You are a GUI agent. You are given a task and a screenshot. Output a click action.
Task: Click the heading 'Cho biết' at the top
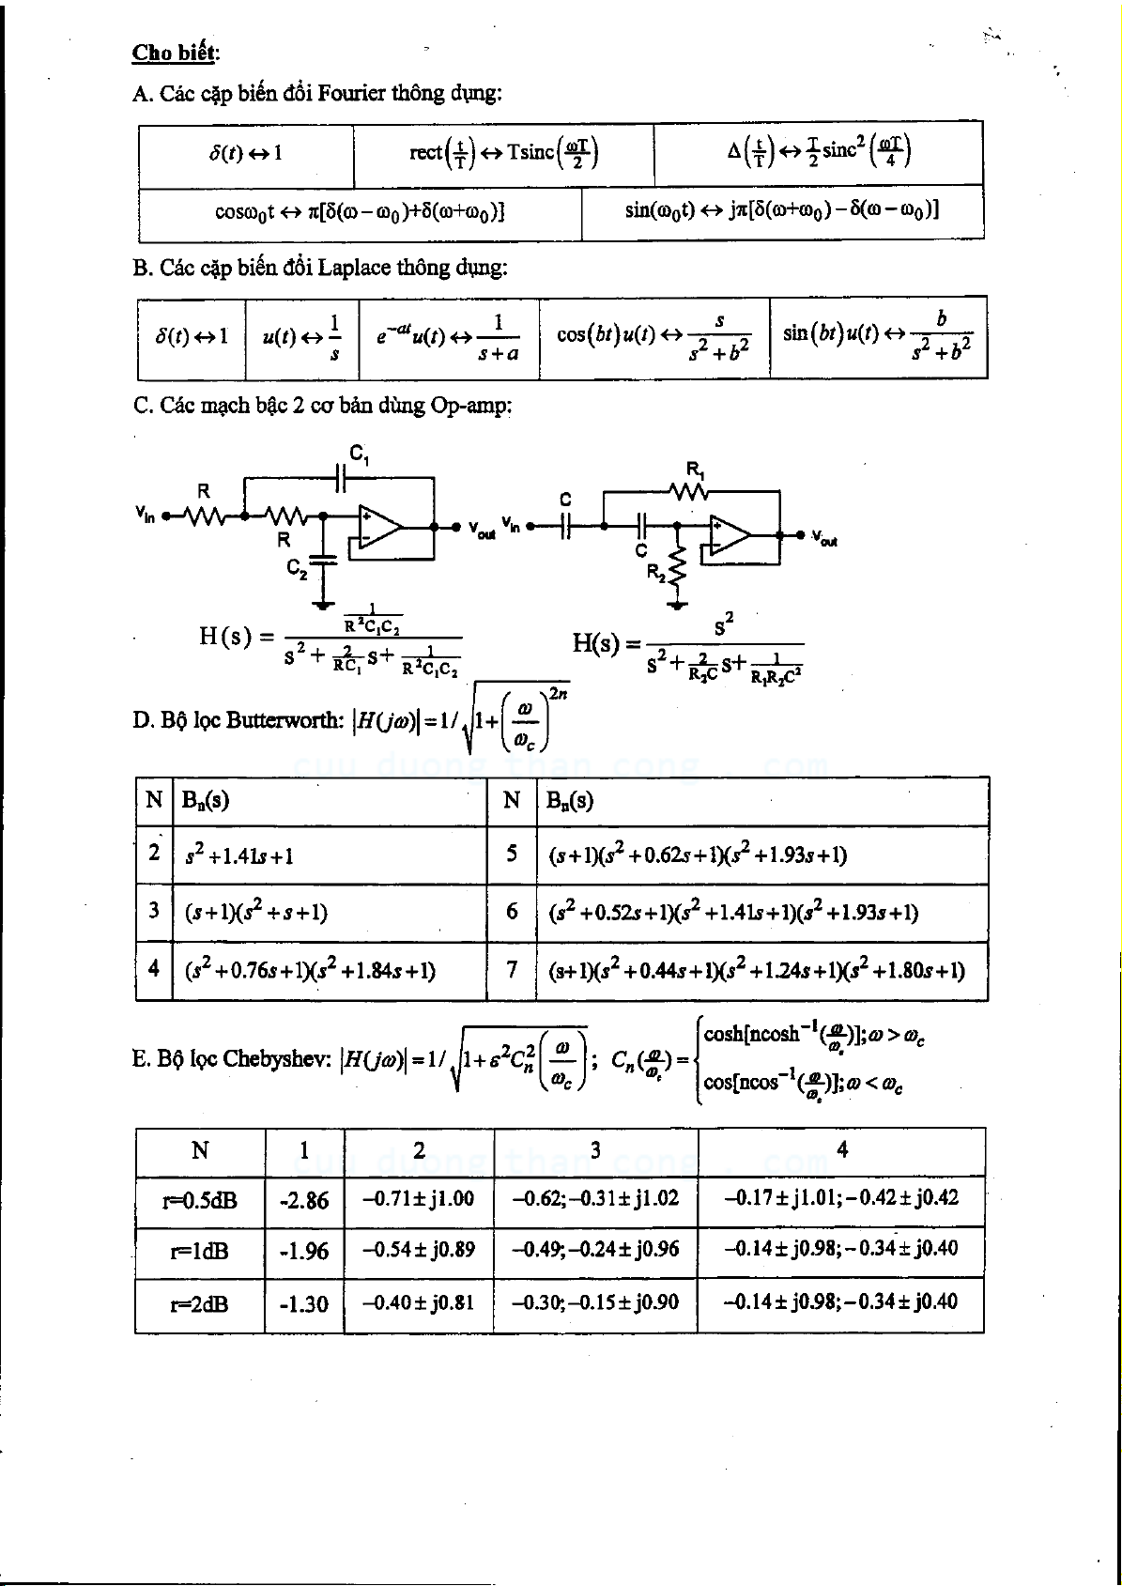click(175, 53)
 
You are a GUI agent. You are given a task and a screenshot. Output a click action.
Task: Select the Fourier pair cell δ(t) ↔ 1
click(246, 153)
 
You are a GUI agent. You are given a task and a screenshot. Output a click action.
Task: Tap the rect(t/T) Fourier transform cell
click(503, 153)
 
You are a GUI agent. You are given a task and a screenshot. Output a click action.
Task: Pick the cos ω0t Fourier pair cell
click(360, 212)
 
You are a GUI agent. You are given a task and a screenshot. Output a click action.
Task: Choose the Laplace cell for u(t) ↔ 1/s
click(302, 336)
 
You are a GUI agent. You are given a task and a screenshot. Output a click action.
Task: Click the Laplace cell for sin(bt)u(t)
click(877, 336)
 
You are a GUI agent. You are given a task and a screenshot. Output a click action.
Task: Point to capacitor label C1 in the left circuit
click(359, 454)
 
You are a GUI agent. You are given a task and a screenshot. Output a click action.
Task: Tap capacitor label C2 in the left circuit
click(297, 568)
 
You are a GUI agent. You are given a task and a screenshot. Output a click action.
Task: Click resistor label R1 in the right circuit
click(696, 469)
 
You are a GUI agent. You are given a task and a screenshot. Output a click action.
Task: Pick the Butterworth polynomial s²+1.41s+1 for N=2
click(239, 855)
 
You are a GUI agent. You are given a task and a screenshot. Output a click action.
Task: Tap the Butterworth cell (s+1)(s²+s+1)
click(256, 912)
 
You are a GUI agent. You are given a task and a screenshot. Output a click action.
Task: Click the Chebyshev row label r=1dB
click(199, 1252)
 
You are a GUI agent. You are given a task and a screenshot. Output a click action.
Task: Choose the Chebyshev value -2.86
click(304, 1200)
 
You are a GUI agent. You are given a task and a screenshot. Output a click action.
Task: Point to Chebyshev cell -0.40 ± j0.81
click(419, 1302)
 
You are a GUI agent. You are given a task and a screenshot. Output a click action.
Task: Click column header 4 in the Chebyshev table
click(842, 1150)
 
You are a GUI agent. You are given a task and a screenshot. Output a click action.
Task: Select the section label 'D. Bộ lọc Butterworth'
click(238, 721)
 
